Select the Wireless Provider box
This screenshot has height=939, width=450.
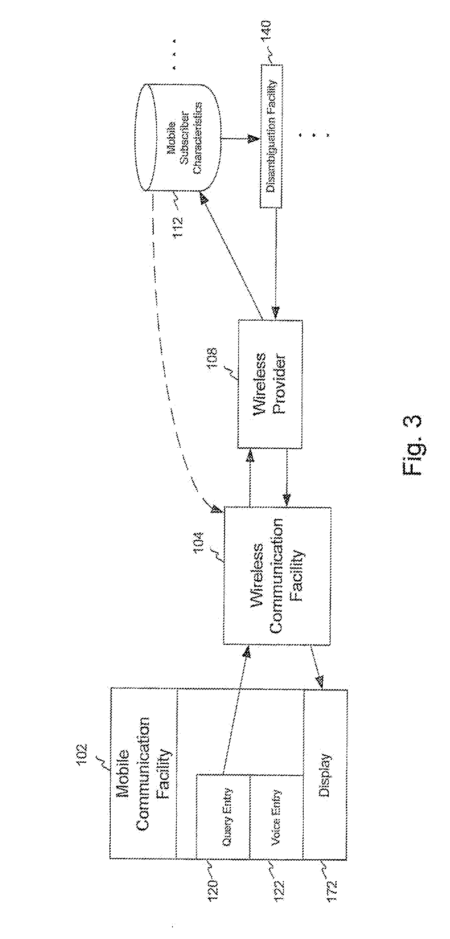pyautogui.click(x=270, y=383)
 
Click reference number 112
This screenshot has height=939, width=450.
pyautogui.click(x=178, y=227)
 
